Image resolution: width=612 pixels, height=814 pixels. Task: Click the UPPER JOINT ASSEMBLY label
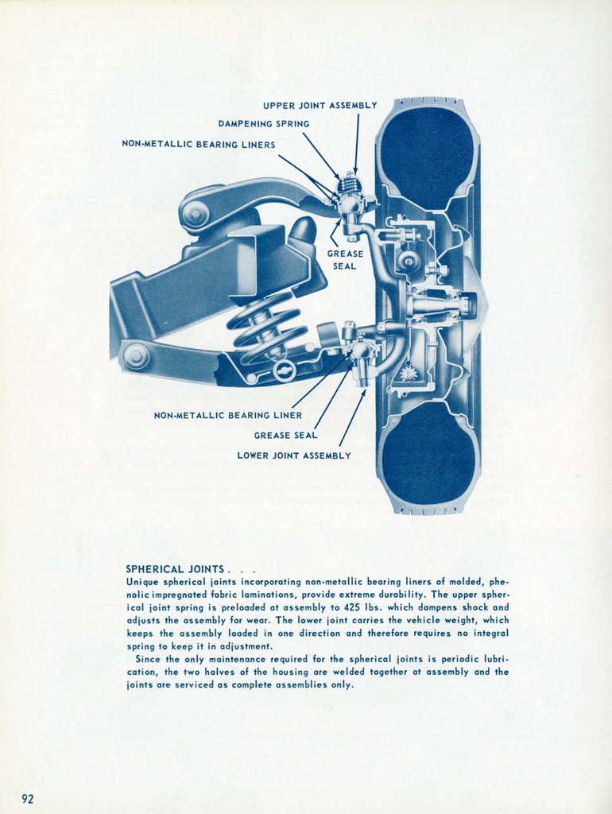(x=320, y=105)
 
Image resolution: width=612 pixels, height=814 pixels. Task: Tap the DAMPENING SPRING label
(x=264, y=124)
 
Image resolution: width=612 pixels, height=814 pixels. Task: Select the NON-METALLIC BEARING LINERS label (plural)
(x=198, y=145)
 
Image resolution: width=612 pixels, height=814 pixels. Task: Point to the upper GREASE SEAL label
(x=345, y=260)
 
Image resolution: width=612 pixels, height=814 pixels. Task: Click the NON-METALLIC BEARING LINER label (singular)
(x=227, y=415)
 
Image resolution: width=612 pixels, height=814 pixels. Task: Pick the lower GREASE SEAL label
(x=285, y=435)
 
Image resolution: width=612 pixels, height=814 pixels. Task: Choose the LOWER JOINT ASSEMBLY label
(x=293, y=455)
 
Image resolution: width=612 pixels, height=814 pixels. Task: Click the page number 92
(x=28, y=798)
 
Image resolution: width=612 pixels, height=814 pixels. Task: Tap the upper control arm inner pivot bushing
(x=194, y=214)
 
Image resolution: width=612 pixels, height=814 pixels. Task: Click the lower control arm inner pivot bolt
(x=135, y=355)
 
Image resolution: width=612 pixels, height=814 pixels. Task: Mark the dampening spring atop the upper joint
(x=348, y=185)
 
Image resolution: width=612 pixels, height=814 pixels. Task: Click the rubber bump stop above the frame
(x=303, y=231)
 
